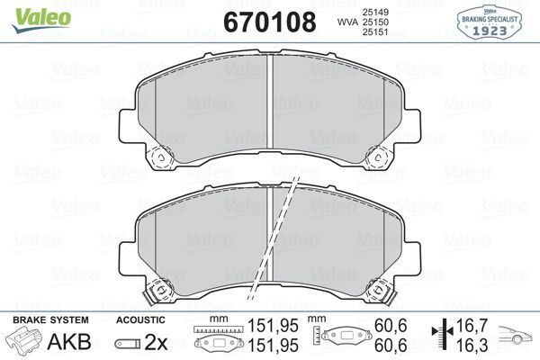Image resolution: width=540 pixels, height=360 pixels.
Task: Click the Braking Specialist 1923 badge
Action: point(492,20)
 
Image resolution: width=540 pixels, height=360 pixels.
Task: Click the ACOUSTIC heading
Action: point(140,319)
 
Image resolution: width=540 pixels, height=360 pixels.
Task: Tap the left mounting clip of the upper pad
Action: point(161,157)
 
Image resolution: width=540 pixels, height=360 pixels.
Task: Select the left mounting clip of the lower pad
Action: point(161,291)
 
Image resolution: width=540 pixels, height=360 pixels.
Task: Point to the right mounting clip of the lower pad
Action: point(381,291)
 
